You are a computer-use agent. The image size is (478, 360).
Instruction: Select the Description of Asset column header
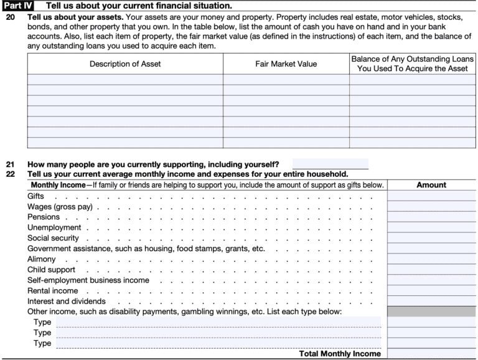pyautogui.click(x=124, y=64)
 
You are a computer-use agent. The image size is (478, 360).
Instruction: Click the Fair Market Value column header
pyautogui.click(x=286, y=64)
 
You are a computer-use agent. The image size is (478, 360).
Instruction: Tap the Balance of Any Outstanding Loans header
pyautogui.click(x=412, y=64)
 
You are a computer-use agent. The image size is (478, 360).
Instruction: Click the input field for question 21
pyautogui.click(x=330, y=164)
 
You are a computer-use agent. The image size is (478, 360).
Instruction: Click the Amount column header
pyautogui.click(x=431, y=185)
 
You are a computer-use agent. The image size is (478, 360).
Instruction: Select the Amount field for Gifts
pyautogui.click(x=431, y=196)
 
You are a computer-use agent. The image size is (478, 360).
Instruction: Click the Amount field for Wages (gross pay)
pyautogui.click(x=431, y=207)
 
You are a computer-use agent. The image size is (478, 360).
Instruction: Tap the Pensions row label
pyautogui.click(x=44, y=217)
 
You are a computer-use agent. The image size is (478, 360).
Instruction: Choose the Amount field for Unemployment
pyautogui.click(x=431, y=228)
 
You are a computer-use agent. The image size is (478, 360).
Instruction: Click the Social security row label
pyautogui.click(x=53, y=239)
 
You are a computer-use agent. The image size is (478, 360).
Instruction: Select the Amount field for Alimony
pyautogui.click(x=431, y=259)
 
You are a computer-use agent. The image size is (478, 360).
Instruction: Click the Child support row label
pyautogui.click(x=51, y=270)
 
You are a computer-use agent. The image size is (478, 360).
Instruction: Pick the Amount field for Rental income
pyautogui.click(x=431, y=291)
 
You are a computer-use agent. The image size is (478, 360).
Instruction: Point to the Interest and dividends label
pyautogui.click(x=67, y=301)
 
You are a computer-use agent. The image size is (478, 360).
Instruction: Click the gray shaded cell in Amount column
pyautogui.click(x=431, y=311)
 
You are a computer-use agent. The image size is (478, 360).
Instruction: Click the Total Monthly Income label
pyautogui.click(x=340, y=354)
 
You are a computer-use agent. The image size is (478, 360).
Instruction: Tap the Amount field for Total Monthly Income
pyautogui.click(x=431, y=353)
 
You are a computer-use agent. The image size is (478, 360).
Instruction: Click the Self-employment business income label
pyautogui.click(x=88, y=280)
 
